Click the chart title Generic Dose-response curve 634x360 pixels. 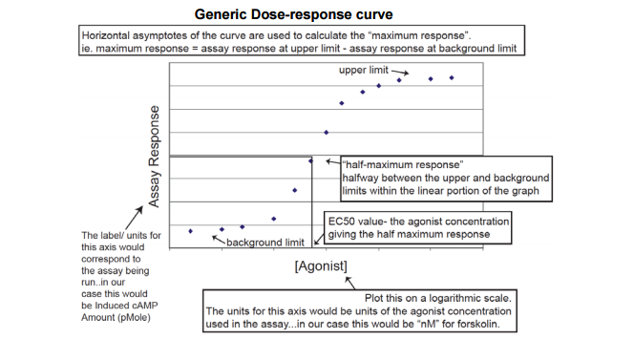(x=293, y=15)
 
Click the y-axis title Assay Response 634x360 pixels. (x=155, y=157)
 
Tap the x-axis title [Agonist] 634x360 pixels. (x=321, y=265)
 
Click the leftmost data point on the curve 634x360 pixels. (x=191, y=231)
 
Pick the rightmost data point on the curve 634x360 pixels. (x=452, y=77)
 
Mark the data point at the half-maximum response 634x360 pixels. (x=310, y=160)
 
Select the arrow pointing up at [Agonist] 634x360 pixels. (x=349, y=282)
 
